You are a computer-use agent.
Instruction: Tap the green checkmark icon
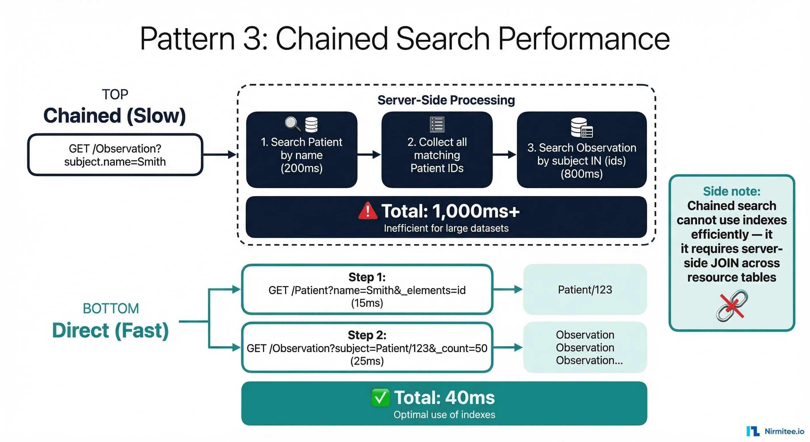point(380,398)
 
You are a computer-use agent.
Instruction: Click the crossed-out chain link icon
point(732,306)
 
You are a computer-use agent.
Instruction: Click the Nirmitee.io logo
point(775,431)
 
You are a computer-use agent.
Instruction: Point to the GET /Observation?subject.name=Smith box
point(115,155)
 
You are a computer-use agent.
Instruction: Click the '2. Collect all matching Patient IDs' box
point(437,150)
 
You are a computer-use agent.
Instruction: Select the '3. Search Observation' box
point(582,150)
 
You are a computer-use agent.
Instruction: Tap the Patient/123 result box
point(585,289)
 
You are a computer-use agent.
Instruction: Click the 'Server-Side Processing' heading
point(446,100)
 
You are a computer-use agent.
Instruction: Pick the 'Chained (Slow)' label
point(115,115)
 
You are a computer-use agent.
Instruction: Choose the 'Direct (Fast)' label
point(110,330)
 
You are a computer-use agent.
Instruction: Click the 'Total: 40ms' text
point(444,397)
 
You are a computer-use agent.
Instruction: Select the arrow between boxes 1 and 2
point(369,155)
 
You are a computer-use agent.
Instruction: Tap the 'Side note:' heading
point(732,191)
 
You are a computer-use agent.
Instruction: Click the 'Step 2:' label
point(367,335)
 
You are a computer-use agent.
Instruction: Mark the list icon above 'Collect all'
point(437,124)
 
